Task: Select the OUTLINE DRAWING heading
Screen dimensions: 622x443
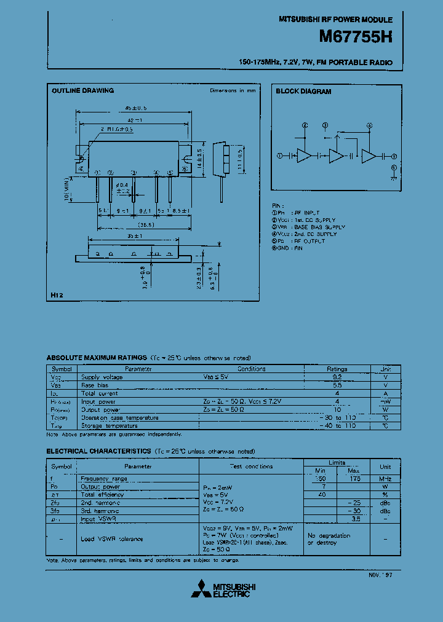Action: pos(82,91)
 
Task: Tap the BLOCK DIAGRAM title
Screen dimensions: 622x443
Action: pos(303,92)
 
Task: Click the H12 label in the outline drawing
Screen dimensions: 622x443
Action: pos(57,296)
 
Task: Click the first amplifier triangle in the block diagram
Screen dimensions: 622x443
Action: pos(304,156)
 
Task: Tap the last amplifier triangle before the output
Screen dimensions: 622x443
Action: pos(368,156)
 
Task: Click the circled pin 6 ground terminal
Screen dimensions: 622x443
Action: pos(394,167)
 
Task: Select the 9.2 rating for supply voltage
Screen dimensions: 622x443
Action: pos(337,377)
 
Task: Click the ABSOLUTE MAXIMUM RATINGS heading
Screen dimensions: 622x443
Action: pos(97,358)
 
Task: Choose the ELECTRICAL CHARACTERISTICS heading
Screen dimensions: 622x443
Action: pos(98,451)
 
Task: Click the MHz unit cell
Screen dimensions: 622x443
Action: pos(385,478)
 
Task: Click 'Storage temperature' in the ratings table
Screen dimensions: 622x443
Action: pos(109,425)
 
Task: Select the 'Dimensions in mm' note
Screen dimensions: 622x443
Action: pos(233,91)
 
